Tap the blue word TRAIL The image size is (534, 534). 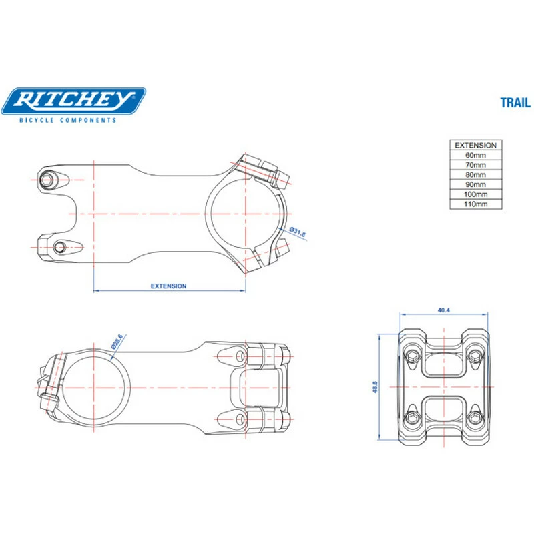tap(515, 103)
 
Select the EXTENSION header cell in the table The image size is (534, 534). tap(475, 145)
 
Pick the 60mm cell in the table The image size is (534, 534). tap(475, 155)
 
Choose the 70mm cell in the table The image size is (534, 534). tap(475, 165)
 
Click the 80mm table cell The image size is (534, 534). tap(475, 174)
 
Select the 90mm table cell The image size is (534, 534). tap(475, 184)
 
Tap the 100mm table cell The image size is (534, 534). tap(475, 194)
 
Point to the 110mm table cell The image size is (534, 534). tap(475, 204)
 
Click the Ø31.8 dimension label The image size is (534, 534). tap(298, 233)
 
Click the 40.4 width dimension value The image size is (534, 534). tap(443, 310)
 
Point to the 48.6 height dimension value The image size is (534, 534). tap(375, 386)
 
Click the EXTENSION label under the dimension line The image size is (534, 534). tap(168, 286)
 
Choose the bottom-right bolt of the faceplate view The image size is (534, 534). tap(475, 419)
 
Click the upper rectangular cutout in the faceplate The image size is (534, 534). tap(443, 363)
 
